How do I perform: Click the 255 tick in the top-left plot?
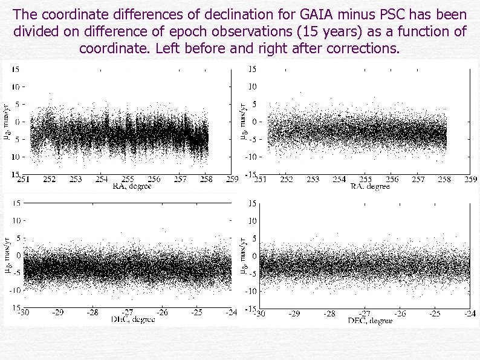coord(128,180)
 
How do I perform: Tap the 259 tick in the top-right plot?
coord(470,180)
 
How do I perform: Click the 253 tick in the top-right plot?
coord(313,180)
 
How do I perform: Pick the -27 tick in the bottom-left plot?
coord(126,313)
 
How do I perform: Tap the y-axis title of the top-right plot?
coord(244,120)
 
